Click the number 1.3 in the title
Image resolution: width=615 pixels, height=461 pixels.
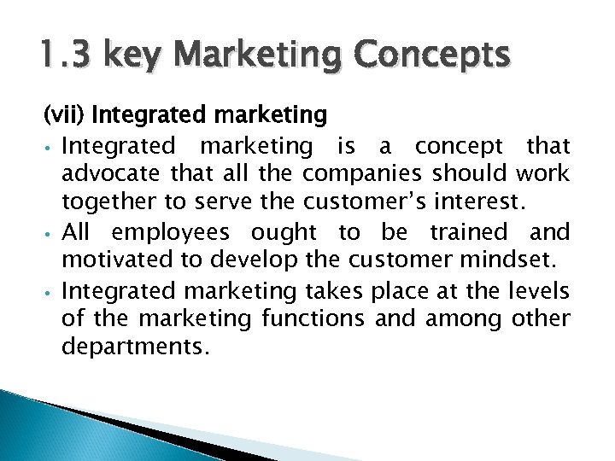coord(69,56)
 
